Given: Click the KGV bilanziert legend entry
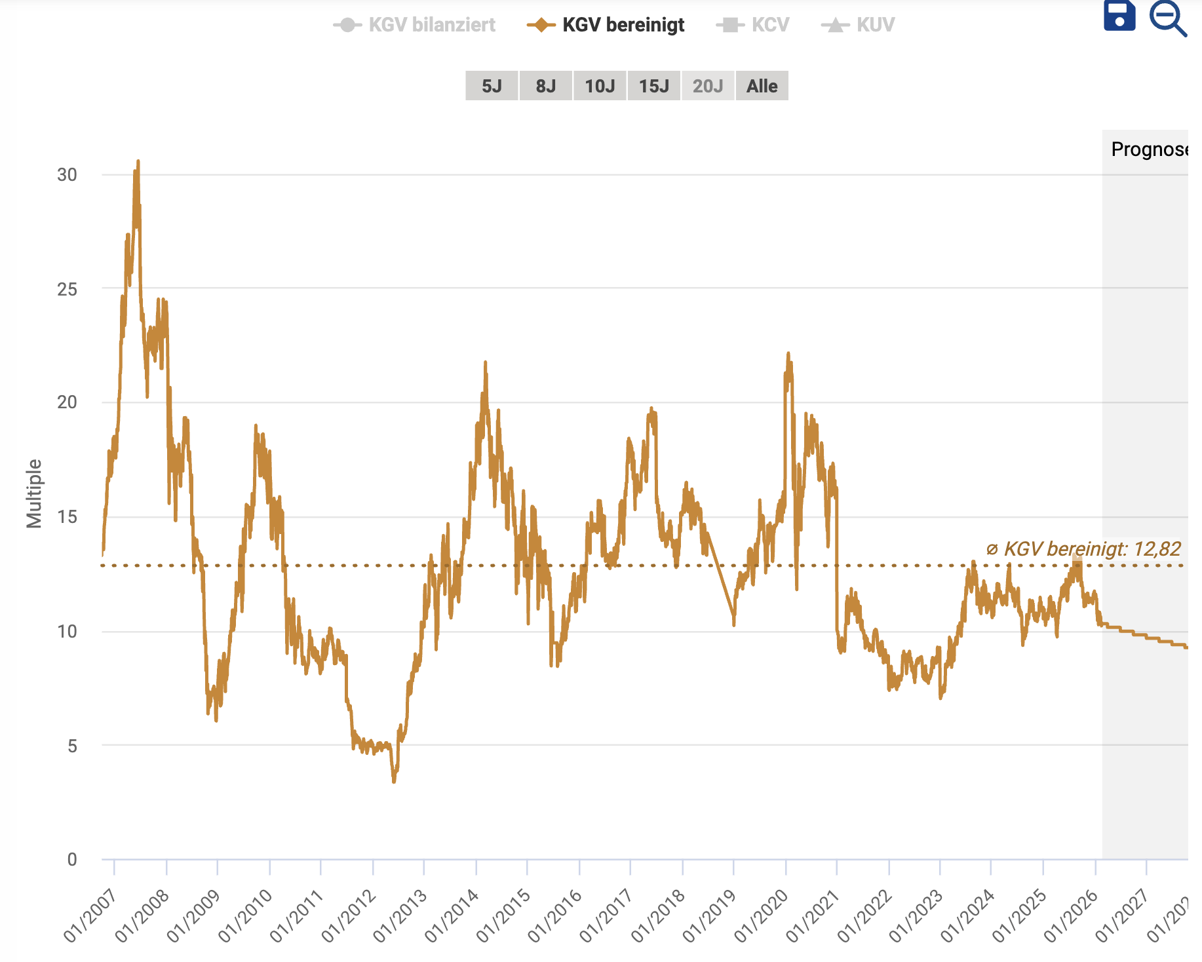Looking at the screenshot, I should point(415,25).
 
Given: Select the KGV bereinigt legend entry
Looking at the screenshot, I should point(606,25).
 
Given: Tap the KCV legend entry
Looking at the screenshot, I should point(753,25).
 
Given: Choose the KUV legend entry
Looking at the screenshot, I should point(858,25).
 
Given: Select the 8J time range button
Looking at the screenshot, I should point(545,86).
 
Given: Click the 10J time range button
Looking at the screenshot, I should point(600,86).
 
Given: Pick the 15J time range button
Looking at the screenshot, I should point(653,86).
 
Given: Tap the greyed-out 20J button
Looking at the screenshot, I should point(708,86).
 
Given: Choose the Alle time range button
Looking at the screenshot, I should point(762,86).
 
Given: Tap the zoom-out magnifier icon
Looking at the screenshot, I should point(1167,18).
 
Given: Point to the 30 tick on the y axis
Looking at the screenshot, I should point(67,174).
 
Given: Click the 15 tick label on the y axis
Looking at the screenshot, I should point(67,517).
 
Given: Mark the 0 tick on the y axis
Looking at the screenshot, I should point(72,859).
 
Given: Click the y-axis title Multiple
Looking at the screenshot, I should point(34,493).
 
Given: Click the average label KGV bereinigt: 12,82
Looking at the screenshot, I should point(1084,549).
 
